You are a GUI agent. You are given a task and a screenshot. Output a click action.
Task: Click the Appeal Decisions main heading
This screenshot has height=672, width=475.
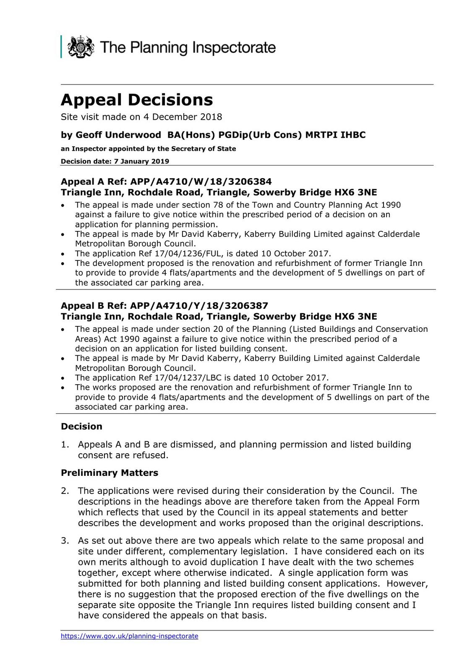pos(137,100)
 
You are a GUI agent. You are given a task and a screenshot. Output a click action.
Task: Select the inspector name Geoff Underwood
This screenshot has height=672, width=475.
pos(118,135)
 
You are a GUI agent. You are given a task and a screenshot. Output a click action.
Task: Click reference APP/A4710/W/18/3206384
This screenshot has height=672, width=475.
pos(201,181)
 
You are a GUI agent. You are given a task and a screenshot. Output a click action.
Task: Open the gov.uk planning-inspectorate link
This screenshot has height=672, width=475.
pos(129,636)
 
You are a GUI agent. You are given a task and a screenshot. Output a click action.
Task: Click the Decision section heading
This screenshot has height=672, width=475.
pos(81,426)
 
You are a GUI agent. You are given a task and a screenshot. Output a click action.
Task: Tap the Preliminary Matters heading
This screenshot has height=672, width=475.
pos(110,472)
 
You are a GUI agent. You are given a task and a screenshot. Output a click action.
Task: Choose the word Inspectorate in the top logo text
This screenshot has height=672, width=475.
pos(234,47)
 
